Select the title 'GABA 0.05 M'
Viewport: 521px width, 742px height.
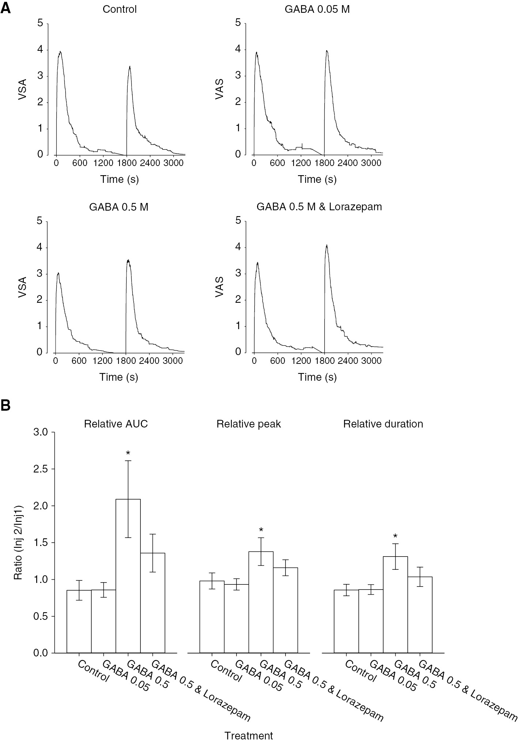(317, 9)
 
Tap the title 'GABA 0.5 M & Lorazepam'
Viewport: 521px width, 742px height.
(319, 207)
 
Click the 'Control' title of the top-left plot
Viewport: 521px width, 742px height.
(120, 9)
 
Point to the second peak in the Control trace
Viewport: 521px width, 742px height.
(129, 67)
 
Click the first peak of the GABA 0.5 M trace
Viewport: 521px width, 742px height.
(58, 273)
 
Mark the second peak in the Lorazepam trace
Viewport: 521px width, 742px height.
(326, 245)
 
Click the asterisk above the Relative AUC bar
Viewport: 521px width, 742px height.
(128, 454)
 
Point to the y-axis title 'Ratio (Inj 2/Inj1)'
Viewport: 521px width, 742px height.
(18, 542)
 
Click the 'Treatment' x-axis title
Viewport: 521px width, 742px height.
(249, 735)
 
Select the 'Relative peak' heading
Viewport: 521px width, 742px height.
(249, 424)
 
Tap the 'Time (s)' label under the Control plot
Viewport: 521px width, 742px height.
(120, 179)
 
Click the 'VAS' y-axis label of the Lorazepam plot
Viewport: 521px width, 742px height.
(219, 287)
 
